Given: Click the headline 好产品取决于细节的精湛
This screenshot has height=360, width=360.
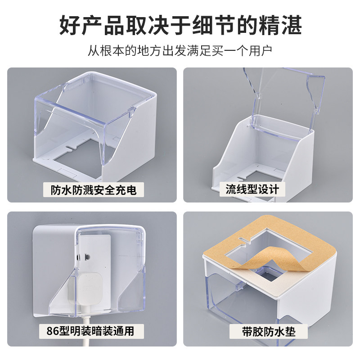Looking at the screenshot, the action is (x=180, y=25).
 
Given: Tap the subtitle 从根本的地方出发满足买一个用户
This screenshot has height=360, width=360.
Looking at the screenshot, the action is (x=180, y=51).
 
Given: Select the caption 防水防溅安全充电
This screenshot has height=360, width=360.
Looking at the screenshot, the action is (x=94, y=190).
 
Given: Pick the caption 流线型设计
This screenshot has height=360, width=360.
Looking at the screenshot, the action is (x=252, y=189).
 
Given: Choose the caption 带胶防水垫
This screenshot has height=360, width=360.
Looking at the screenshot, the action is (x=269, y=332).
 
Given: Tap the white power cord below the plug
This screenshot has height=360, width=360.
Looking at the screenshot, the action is (x=86, y=329).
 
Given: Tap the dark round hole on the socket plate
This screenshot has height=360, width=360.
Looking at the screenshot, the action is (x=87, y=256).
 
